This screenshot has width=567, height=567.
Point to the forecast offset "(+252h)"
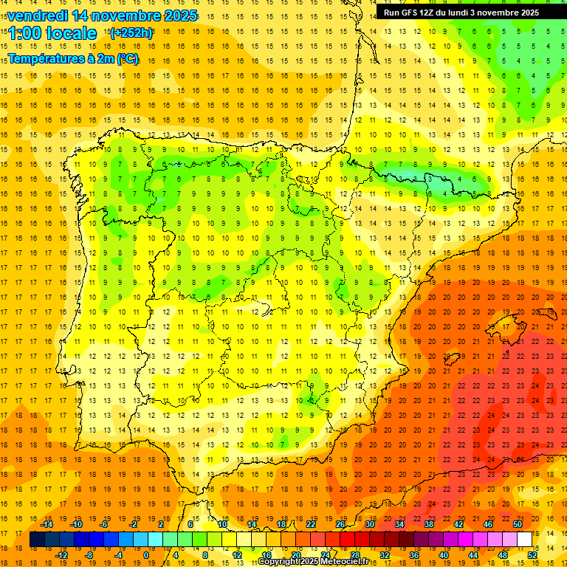tap(131, 32)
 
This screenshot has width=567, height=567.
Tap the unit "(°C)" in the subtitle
tap(127, 58)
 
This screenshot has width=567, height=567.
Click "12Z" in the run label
tap(430, 13)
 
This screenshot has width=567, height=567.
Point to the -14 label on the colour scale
tap(46, 524)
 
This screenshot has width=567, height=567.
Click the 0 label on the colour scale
tap(145, 555)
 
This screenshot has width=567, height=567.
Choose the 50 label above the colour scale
tap(517, 524)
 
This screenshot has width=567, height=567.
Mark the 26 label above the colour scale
tap(340, 524)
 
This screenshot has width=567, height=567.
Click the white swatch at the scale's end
tap(524, 540)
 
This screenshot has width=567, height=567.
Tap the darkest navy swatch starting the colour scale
tap(37, 540)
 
